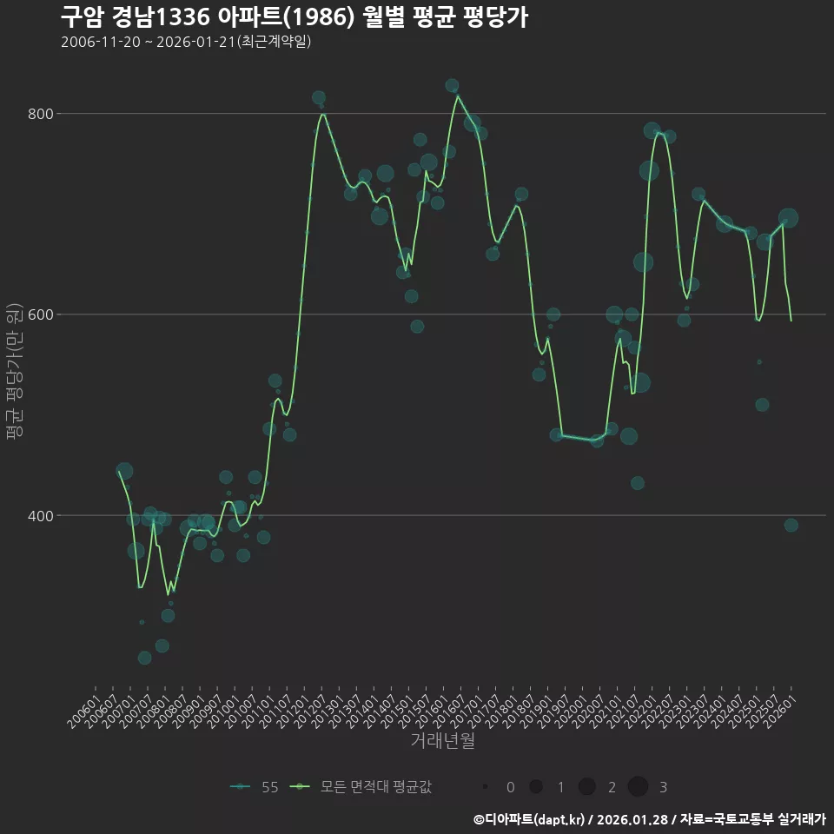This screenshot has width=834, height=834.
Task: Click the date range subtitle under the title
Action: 186,42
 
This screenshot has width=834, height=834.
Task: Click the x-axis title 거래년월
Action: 442,741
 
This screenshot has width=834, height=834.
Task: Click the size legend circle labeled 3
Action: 639,787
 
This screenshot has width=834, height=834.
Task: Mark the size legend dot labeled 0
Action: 486,787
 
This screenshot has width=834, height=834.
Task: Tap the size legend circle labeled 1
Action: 536,787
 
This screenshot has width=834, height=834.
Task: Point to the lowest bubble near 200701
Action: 144,658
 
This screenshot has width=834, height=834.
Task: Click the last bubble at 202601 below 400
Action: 791,525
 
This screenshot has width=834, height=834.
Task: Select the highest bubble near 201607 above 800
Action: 452,86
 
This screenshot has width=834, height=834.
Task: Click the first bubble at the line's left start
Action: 124,471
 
